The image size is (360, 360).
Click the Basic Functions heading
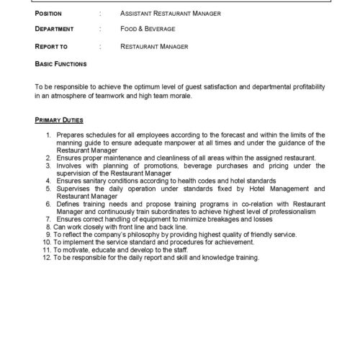tap(60, 63)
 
